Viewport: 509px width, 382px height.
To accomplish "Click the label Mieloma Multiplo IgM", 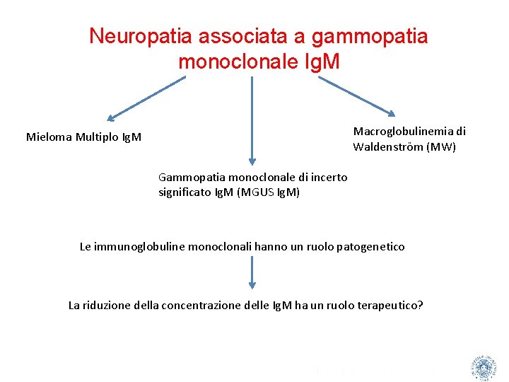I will (83, 137).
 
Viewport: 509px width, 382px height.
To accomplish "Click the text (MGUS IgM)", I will (271, 192).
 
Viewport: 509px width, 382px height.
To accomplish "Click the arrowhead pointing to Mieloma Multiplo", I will (110, 118).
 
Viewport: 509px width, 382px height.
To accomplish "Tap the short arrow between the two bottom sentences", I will (252, 272).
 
